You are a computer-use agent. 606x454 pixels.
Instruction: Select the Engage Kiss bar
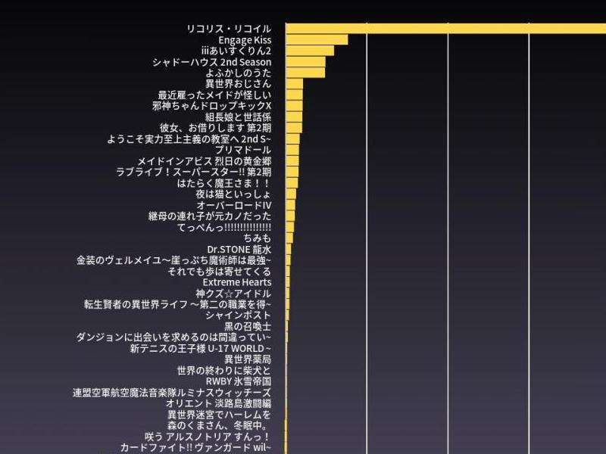[317, 39]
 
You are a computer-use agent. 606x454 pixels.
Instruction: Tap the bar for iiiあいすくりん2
[310, 51]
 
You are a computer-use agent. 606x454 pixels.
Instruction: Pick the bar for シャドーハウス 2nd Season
[305, 61]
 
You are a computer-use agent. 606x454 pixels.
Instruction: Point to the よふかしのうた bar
[305, 73]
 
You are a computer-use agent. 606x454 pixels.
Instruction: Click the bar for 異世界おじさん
[295, 84]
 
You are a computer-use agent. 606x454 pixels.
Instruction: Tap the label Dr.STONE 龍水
[239, 249]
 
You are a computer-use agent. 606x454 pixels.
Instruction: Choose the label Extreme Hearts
[236, 282]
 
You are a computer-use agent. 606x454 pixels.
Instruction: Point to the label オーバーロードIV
[233, 205]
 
